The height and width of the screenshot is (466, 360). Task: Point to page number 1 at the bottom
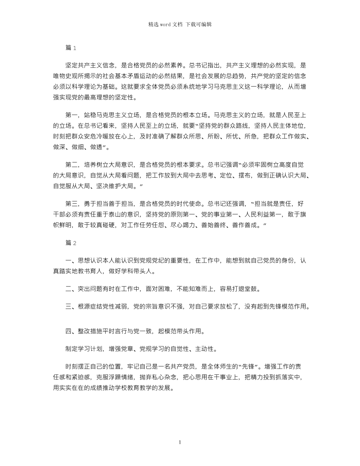[180, 442]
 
